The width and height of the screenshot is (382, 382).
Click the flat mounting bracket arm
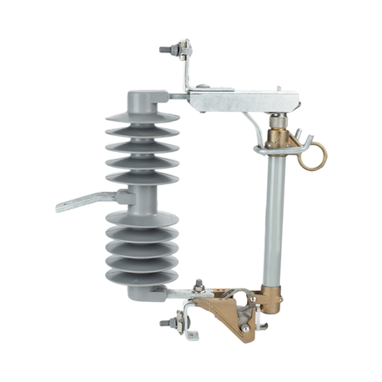point(87,201)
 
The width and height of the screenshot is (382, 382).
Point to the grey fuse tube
point(273,217)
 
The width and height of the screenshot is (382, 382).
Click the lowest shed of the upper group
point(141,177)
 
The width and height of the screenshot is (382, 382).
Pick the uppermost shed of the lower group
point(142,219)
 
